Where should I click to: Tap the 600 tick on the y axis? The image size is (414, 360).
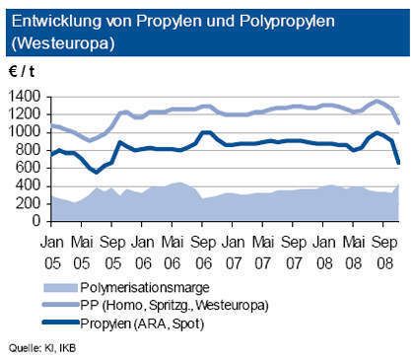(x=31, y=168)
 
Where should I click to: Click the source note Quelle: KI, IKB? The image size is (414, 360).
(x=40, y=348)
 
